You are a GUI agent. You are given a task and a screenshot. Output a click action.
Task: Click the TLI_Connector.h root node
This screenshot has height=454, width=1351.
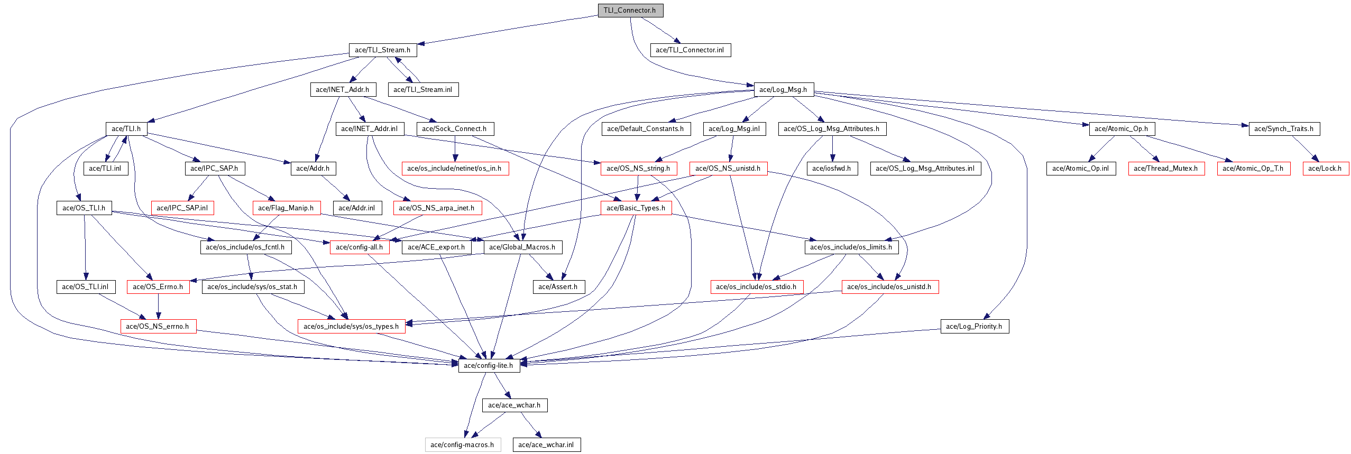click(630, 11)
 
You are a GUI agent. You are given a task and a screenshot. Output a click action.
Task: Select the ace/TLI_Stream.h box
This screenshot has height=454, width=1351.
click(383, 50)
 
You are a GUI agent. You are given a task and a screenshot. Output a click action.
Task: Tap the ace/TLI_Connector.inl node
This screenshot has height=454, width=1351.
click(691, 50)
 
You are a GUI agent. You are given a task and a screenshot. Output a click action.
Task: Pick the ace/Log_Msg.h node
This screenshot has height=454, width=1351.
click(784, 89)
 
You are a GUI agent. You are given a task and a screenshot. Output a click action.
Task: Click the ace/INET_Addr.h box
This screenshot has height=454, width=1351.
click(343, 89)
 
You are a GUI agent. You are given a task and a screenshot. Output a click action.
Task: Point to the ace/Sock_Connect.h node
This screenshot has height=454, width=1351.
click(455, 128)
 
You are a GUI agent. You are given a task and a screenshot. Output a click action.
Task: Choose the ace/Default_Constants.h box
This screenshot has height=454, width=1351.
click(646, 128)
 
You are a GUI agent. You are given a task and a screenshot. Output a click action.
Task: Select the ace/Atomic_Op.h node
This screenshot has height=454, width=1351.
click(1122, 128)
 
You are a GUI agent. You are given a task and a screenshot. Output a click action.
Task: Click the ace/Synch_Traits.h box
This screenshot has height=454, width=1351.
click(1284, 128)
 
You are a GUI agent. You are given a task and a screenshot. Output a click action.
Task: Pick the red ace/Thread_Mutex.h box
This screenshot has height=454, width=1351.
click(1166, 168)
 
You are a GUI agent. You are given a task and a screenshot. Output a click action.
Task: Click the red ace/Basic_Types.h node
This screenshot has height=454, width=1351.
click(636, 208)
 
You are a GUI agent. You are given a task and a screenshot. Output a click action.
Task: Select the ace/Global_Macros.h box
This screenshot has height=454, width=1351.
click(523, 247)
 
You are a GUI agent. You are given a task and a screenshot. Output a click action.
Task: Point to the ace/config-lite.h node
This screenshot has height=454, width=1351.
click(489, 365)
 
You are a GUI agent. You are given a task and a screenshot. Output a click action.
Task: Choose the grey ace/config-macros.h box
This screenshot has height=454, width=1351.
click(463, 444)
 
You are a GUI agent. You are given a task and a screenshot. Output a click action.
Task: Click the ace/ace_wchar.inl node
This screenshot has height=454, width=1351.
click(547, 444)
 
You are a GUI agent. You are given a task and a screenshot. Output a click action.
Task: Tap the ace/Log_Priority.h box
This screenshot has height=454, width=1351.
click(975, 326)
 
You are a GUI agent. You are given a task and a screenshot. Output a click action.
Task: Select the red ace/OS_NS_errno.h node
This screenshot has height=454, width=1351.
click(158, 326)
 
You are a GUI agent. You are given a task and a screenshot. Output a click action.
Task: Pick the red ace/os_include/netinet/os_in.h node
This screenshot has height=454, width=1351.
click(455, 168)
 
